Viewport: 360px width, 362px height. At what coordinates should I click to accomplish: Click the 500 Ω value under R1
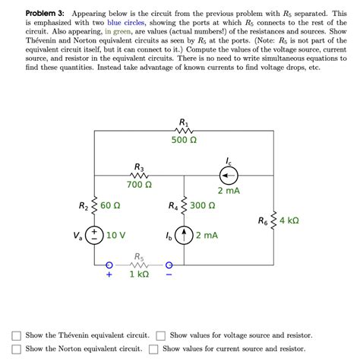tap(184, 141)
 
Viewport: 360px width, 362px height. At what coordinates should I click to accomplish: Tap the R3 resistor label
tap(139, 167)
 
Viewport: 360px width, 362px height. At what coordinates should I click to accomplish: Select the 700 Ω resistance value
tap(139, 185)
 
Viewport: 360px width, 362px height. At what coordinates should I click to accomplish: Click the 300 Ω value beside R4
tap(202, 205)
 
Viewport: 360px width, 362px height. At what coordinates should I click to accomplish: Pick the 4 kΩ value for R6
tap(288, 221)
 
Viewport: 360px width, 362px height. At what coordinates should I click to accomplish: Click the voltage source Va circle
tap(94, 236)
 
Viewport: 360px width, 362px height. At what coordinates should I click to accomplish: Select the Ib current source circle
tap(184, 236)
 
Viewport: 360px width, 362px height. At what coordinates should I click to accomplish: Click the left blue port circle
tap(109, 265)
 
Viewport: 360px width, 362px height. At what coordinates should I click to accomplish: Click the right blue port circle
tap(169, 265)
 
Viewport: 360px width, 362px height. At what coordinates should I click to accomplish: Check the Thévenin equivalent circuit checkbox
tap(16, 335)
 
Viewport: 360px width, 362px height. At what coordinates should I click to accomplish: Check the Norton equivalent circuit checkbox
tap(16, 349)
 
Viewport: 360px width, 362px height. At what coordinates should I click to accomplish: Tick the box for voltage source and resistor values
tap(160, 335)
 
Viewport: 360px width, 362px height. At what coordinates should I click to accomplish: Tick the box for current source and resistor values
tap(153, 349)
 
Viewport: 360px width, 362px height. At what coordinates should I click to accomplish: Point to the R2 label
tap(84, 205)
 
